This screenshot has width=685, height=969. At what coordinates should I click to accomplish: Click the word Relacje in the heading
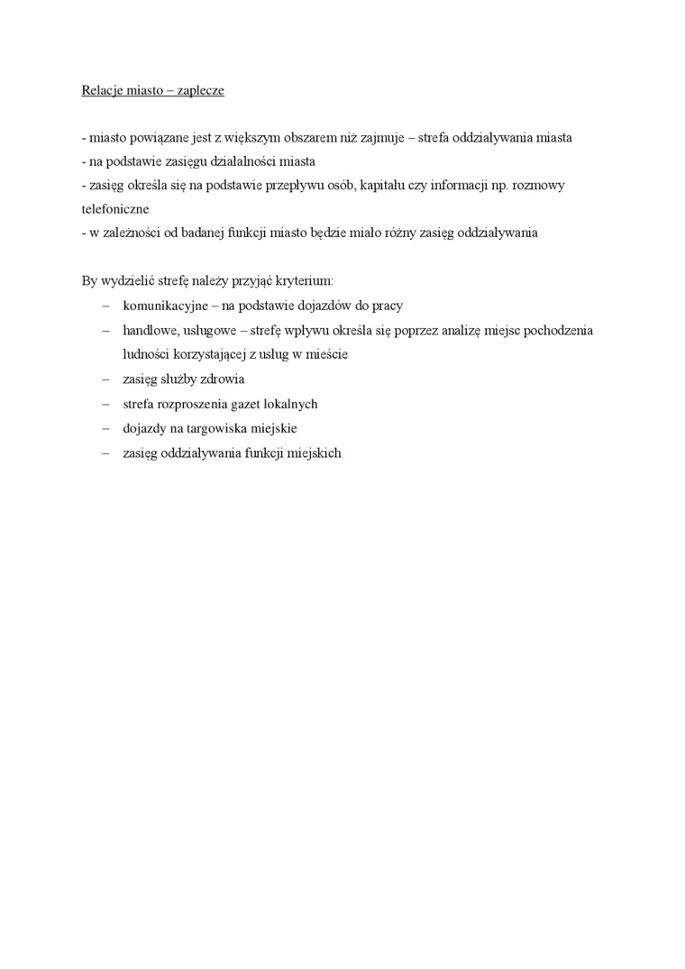[102, 90]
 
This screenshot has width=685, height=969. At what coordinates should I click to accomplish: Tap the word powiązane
[154, 139]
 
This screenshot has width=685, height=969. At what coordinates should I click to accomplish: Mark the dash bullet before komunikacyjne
[106, 306]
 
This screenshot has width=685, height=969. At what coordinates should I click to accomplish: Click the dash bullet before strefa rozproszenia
[106, 404]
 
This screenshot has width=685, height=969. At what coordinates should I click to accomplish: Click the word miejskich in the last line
[315, 453]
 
